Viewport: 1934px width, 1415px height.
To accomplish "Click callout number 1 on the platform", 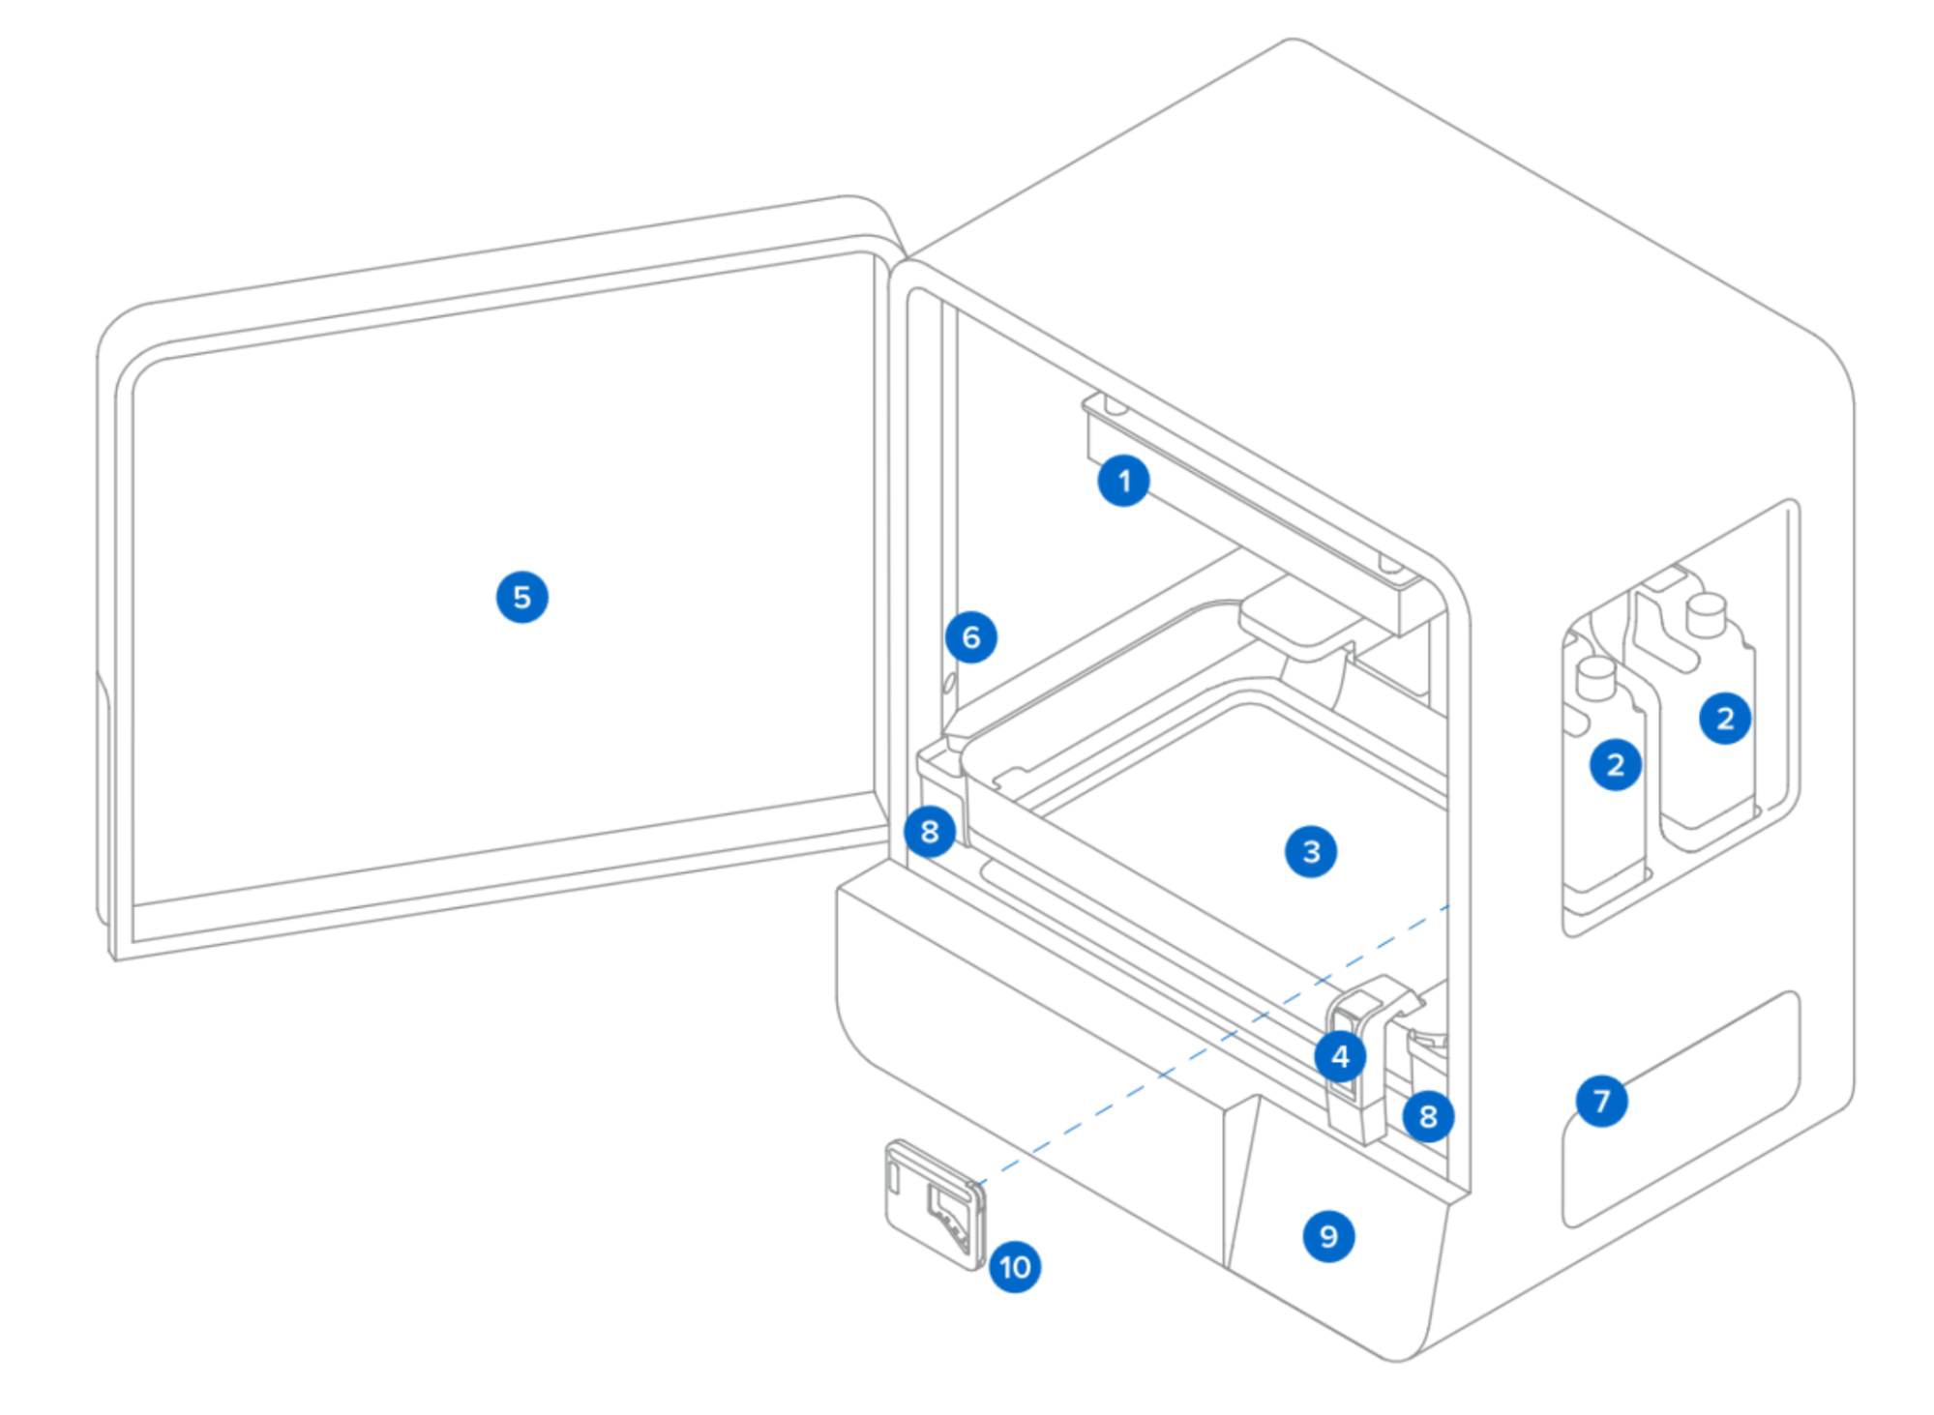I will [1123, 481].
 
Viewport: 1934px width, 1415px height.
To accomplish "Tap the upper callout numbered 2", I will [1724, 718].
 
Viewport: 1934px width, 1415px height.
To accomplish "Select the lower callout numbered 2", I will [1615, 765].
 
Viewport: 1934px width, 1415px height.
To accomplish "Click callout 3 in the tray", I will [1311, 851].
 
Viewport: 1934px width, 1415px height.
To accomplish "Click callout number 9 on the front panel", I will [1328, 1236].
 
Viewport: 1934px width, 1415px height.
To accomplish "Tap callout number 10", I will [1015, 1267].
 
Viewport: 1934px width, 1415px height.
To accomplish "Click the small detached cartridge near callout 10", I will [931, 1202].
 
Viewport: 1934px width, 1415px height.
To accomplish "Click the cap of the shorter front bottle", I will [1596, 678].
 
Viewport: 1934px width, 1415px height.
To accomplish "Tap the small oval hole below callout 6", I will [949, 683].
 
